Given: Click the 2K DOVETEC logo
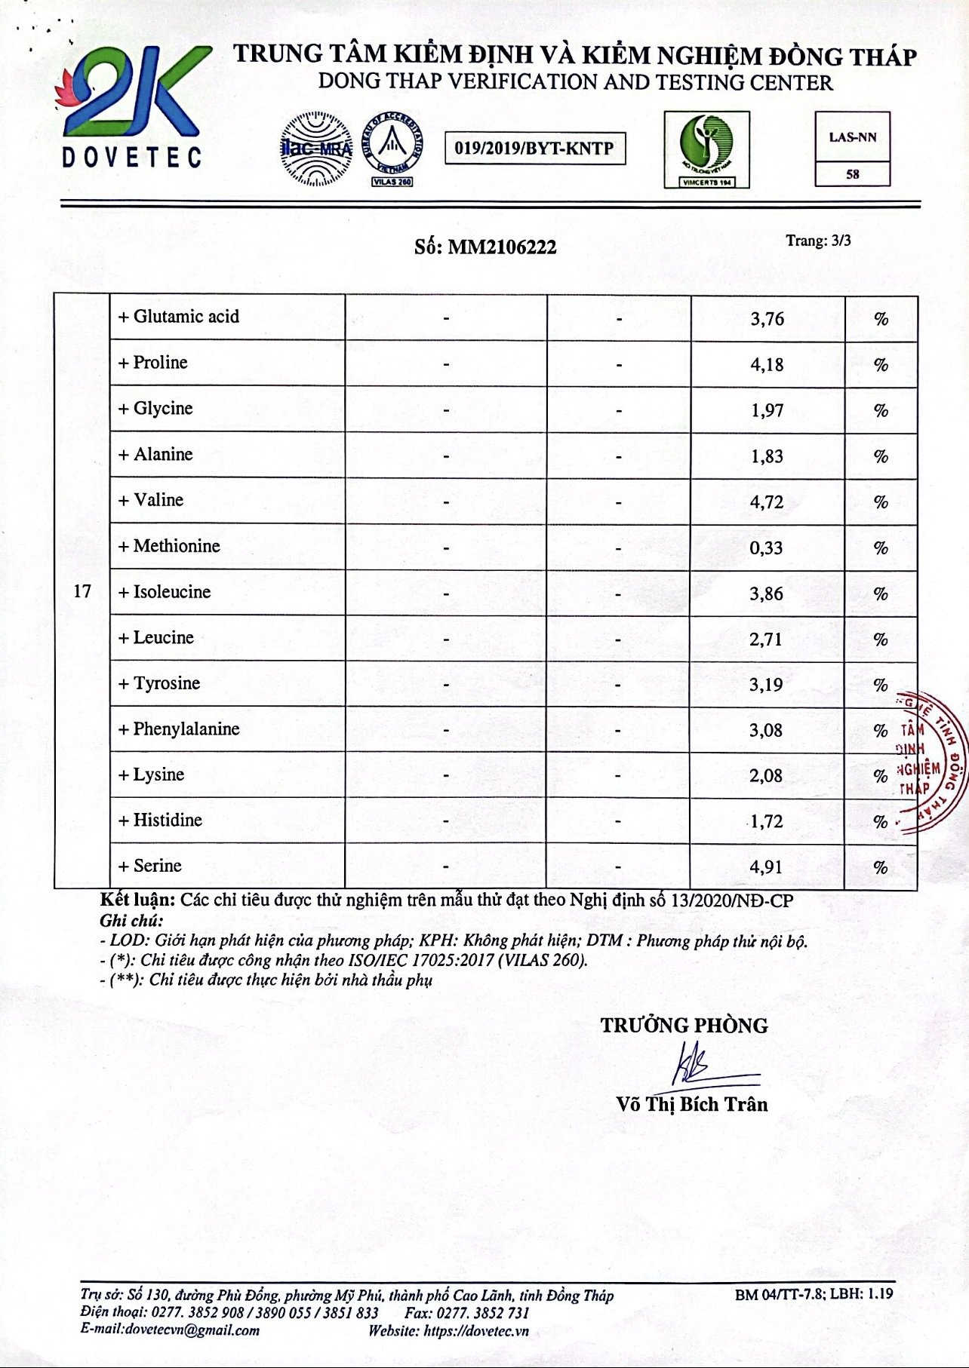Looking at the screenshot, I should click(x=132, y=106).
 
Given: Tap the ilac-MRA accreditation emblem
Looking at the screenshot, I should click(x=316, y=149).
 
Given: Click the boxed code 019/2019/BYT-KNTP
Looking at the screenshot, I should click(x=534, y=148).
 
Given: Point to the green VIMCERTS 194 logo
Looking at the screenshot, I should click(x=706, y=149).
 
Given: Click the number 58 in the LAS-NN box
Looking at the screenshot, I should click(x=853, y=174).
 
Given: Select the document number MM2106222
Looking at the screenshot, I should click(x=502, y=247).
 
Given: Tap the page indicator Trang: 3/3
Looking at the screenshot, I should click(x=818, y=241).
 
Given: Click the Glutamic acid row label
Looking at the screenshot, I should click(x=179, y=317).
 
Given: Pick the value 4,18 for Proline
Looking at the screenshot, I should click(x=767, y=365).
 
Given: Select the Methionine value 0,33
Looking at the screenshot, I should click(x=766, y=548).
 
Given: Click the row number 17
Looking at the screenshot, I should click(x=82, y=591).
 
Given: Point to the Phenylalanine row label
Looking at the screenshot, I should click(x=179, y=729).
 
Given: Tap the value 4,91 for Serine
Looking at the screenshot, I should click(x=766, y=867).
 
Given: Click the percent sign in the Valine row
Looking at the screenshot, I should click(x=881, y=502).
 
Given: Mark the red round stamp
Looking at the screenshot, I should click(x=930, y=762).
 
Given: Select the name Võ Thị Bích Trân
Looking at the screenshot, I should click(x=692, y=1104).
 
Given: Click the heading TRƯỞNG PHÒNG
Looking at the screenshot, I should click(x=684, y=1026).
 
